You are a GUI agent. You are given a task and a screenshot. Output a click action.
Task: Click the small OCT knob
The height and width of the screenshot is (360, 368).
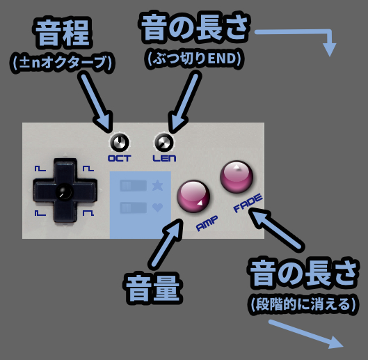pos(119,143)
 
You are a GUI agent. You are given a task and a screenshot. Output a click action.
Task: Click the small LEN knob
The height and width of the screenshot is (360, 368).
pos(164,143)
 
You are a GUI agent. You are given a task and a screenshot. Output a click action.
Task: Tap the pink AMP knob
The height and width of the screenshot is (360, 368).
pos(193,196)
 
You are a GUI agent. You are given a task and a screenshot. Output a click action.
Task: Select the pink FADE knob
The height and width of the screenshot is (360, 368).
pos(237,177)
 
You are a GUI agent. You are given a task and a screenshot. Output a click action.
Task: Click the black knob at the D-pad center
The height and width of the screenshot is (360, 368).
pos(64,191)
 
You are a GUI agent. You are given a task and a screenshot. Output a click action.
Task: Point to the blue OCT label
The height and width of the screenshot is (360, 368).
pos(119,158)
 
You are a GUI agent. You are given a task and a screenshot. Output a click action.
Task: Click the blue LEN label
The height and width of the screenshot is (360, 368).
pos(164,158)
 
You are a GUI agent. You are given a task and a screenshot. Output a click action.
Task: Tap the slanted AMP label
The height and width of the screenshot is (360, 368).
pos(207,224)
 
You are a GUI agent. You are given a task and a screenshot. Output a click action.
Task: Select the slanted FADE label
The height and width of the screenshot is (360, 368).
pos(248,203)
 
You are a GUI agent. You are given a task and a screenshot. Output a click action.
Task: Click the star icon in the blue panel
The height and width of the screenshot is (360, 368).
pos(157,185)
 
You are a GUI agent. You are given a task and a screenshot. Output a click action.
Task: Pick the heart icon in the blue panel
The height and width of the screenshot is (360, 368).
pos(157,208)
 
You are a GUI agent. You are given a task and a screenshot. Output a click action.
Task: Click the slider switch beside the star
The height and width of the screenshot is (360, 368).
pos(134,185)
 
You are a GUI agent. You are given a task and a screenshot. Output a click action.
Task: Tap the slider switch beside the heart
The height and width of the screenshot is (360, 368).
pos(134,208)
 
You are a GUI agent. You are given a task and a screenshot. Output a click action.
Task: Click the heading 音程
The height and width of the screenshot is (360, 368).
pos(62,33)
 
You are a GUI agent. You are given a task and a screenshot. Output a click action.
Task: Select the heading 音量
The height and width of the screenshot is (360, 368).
pos(153,288)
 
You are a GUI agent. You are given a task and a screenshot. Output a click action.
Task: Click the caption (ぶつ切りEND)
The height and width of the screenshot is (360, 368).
pos(195,58)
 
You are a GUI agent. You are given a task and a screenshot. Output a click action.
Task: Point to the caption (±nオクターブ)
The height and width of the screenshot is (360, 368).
pos(62,63)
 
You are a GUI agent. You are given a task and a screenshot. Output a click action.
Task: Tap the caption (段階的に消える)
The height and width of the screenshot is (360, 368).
pos(303,305)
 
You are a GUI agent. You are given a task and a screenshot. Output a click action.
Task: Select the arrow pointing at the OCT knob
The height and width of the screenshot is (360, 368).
pos(96,102)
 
